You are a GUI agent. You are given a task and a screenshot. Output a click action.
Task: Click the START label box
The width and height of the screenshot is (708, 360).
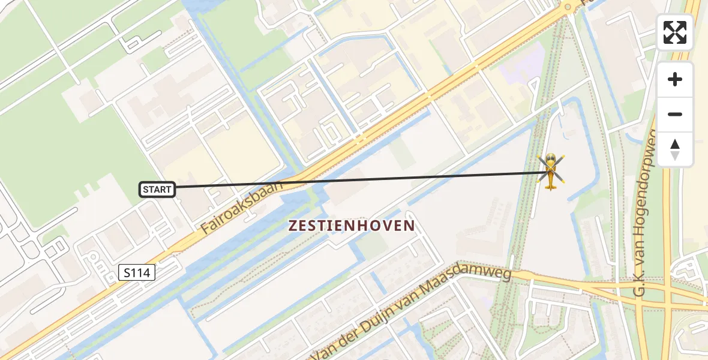coord(157,190)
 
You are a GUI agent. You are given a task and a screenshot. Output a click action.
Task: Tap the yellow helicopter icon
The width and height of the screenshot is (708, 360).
coord(551,172)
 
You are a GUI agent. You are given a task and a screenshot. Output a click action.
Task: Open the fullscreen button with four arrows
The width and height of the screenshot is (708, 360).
coord(675,32)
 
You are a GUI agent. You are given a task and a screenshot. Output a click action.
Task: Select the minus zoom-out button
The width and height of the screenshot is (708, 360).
coord(675,115)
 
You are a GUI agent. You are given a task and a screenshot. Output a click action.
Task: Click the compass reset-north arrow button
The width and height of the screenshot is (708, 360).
coord(675,149)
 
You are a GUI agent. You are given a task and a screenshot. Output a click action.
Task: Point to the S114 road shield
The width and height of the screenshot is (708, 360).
coord(137,273)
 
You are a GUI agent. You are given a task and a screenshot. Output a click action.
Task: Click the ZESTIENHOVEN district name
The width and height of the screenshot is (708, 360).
coord(352,226)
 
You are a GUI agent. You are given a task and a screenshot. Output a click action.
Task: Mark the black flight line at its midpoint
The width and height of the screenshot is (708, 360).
coord(362,179)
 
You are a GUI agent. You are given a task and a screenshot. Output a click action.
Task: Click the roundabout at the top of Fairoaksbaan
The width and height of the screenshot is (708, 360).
coord(568,7)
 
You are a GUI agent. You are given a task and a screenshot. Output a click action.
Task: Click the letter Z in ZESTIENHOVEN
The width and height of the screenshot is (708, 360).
coord(294,226)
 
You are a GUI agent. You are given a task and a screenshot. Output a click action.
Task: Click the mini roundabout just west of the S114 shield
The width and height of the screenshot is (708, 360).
coord(94,258)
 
